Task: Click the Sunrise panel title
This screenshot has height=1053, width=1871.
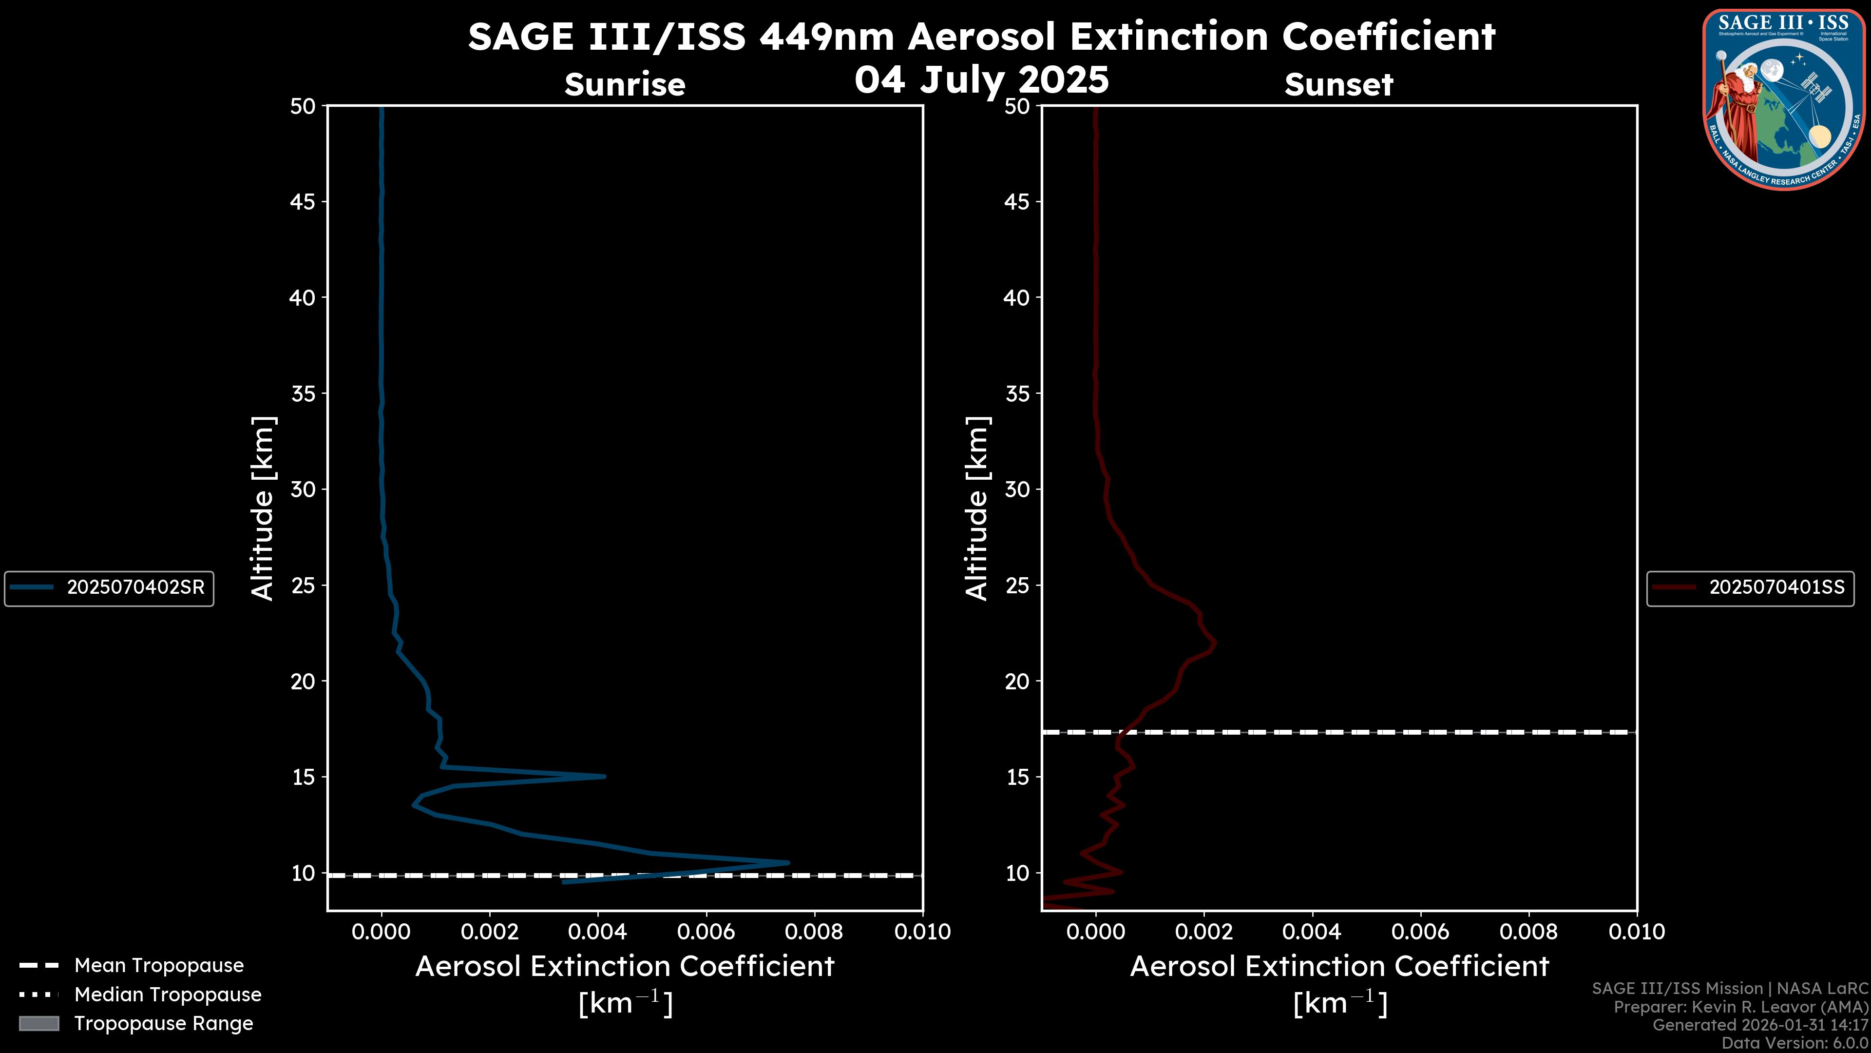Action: tap(625, 84)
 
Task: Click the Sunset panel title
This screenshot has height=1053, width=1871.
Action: tap(1338, 84)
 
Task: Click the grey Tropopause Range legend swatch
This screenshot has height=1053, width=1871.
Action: tap(38, 1023)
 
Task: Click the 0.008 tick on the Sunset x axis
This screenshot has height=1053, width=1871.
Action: tap(1529, 932)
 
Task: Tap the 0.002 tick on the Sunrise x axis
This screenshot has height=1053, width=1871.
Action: tap(490, 932)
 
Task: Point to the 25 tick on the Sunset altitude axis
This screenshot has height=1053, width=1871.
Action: tap(1017, 585)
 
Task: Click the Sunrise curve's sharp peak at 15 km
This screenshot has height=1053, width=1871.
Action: tap(604, 776)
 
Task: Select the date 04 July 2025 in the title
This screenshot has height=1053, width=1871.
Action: tap(981, 80)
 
